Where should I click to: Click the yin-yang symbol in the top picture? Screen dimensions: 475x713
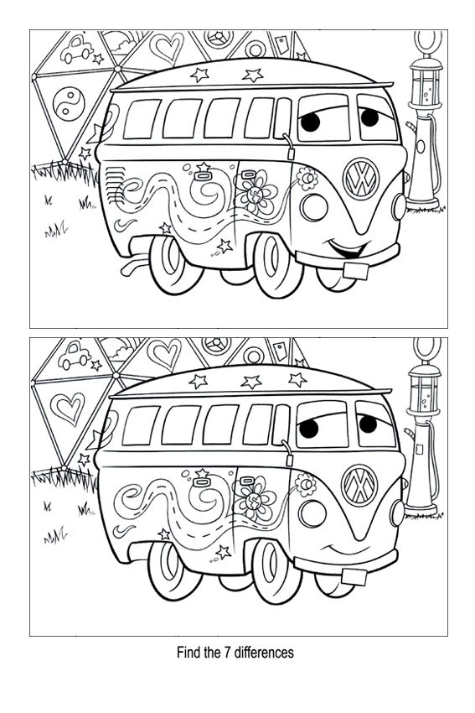[x=69, y=104]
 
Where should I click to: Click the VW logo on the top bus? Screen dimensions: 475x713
[x=361, y=179]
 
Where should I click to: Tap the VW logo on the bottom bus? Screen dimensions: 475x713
[x=359, y=486]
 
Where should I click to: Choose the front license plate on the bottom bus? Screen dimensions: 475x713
[x=354, y=577]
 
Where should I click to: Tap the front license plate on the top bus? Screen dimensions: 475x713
[x=355, y=271]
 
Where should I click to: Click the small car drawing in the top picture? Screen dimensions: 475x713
[x=76, y=49]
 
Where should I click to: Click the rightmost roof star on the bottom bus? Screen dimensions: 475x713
[x=297, y=379]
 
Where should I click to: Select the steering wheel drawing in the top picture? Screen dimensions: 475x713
[x=219, y=39]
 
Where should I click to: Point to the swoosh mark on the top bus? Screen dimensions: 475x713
[x=125, y=224]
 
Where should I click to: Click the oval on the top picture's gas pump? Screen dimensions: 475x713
[x=421, y=147]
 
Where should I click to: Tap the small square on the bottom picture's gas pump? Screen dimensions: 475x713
[x=419, y=450]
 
